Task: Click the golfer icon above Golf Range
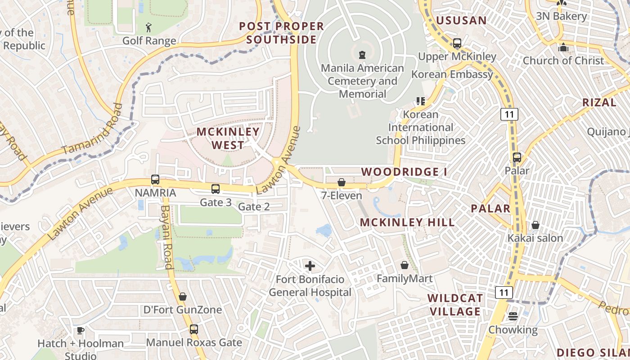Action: pos(149,28)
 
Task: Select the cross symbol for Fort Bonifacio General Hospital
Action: pos(310,266)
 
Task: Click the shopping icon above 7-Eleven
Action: pos(342,182)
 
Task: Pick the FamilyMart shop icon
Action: pos(405,265)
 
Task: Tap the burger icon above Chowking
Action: pos(513,316)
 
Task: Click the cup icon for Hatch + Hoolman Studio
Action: pos(81,331)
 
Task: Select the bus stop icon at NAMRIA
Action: pos(155,180)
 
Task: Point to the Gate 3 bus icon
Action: pos(216,189)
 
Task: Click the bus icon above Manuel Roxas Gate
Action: pos(193,329)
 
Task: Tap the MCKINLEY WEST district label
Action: pos(228,139)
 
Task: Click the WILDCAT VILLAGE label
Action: pos(455,305)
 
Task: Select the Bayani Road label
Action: pos(167,237)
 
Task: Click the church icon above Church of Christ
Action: pos(563,47)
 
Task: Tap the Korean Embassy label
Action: pos(452,74)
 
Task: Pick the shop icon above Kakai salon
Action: pos(535,225)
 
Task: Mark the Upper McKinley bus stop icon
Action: pos(457,44)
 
